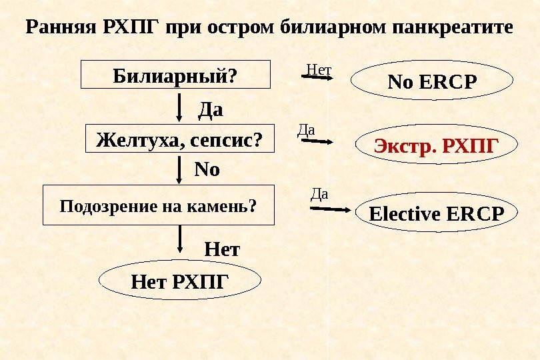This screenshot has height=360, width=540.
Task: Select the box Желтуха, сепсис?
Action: tap(181, 140)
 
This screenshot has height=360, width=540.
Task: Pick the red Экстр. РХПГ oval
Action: tap(436, 145)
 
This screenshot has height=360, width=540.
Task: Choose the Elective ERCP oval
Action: tap(437, 215)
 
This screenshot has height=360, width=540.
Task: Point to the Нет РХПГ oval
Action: tap(179, 283)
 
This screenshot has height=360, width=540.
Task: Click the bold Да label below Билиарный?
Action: tap(211, 109)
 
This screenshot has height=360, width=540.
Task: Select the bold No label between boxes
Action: tap(207, 170)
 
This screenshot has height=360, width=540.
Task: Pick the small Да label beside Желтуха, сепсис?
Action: tap(305, 131)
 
